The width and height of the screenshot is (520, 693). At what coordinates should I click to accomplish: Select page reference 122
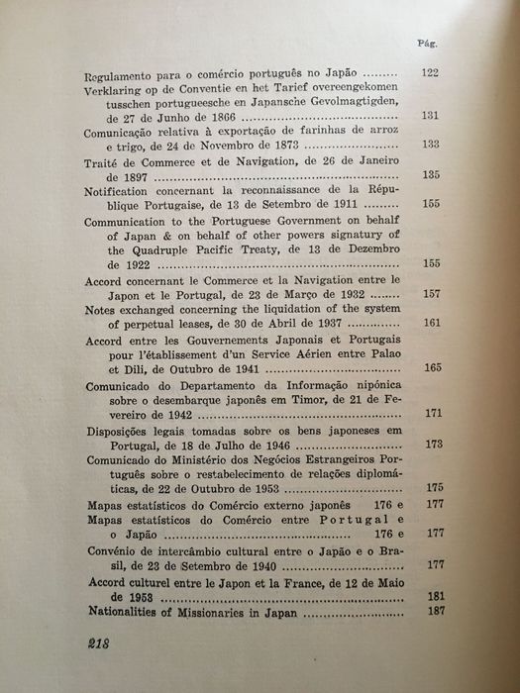(x=431, y=73)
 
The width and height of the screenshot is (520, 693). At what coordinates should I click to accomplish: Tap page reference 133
(x=431, y=145)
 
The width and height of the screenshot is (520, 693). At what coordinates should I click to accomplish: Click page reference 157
(x=431, y=295)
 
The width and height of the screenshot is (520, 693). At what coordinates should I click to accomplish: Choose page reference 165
(x=432, y=366)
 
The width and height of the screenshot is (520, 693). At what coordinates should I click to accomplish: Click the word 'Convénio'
(x=112, y=550)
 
